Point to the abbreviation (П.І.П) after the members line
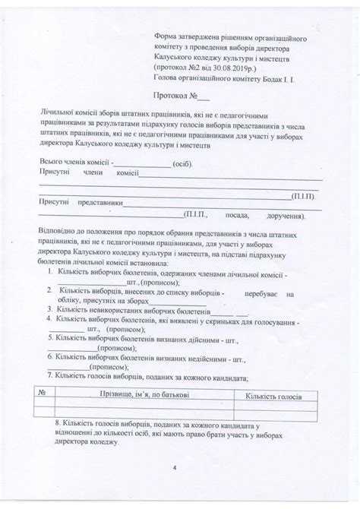pos(305,197)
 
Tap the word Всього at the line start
pos(52,163)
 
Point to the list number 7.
pos(49,375)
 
